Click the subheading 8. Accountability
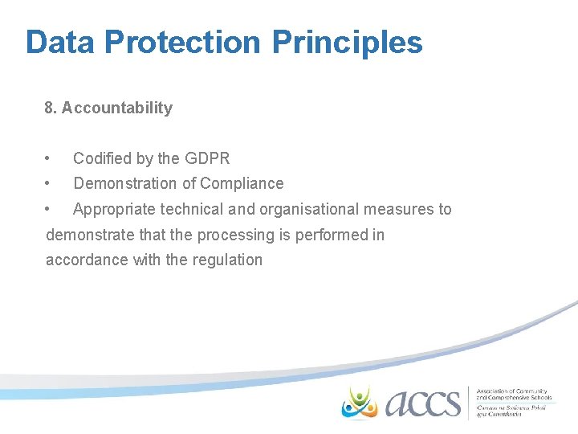[108, 108]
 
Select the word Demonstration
[124, 183]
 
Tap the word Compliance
[242, 183]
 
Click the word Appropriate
[113, 209]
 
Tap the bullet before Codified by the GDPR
[49, 158]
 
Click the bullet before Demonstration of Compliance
[49, 183]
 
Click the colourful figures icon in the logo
[359, 401]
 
